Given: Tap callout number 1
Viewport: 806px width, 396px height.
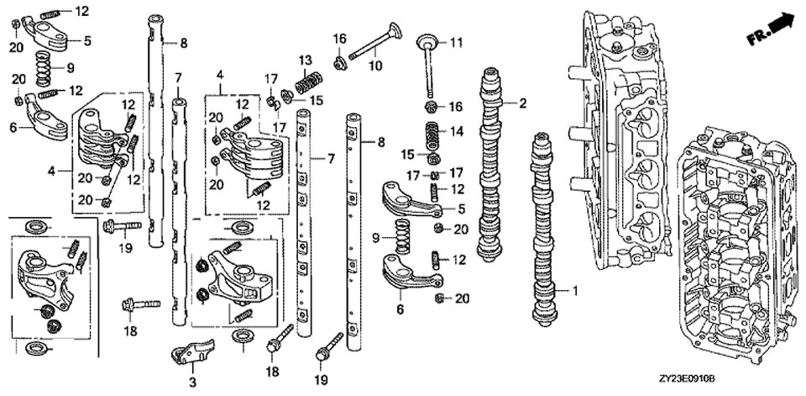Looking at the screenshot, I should (576, 291).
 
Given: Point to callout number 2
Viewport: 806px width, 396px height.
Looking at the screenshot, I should (522, 103).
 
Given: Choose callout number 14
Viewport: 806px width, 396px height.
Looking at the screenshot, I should (456, 131).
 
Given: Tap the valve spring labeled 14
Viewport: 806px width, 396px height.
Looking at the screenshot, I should (433, 135).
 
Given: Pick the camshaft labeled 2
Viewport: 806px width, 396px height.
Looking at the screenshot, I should (492, 160).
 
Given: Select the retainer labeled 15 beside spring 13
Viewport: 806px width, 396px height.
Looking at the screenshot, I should (287, 95).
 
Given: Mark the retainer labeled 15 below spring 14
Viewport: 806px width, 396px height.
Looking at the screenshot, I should (434, 159).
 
